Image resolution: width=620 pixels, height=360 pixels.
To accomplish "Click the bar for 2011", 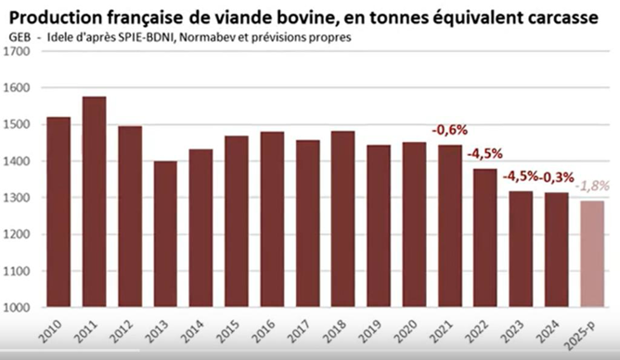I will (94, 201).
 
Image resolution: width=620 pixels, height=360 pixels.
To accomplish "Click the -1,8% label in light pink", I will (594, 185).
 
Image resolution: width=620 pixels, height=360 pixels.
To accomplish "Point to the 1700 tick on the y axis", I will (16, 51).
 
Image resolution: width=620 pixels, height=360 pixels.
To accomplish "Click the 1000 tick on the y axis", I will (16, 307).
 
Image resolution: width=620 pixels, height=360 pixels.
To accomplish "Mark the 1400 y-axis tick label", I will (16, 161).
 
